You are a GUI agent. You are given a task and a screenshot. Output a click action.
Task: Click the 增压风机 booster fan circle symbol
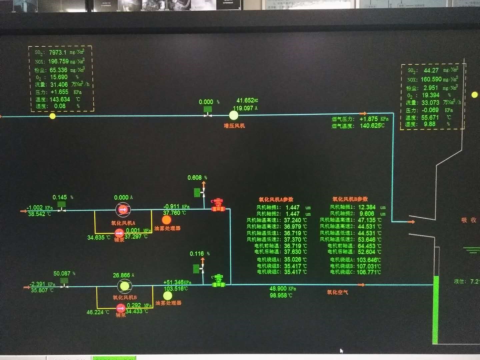point(234,115)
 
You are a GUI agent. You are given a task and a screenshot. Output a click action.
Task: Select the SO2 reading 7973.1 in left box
point(58,52)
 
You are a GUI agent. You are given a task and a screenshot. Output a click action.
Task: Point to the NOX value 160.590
point(431,79)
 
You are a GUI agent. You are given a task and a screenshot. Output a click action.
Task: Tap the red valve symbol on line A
point(218,205)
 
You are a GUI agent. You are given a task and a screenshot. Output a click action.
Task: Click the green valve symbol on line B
point(219,281)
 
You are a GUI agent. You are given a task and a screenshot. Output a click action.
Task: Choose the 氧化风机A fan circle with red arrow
point(123,210)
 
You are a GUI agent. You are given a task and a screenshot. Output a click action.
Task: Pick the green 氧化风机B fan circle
point(125,286)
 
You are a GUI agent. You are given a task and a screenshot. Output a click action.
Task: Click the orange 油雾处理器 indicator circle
point(166,220)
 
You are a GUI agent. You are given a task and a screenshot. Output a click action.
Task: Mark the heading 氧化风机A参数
point(276,199)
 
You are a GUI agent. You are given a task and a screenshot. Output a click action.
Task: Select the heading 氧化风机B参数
point(350,199)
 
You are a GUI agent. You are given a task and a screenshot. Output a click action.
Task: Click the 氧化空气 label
point(337,292)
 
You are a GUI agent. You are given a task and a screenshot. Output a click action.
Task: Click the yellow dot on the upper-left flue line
point(52,116)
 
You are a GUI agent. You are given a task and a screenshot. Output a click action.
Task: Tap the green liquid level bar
point(435,310)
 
